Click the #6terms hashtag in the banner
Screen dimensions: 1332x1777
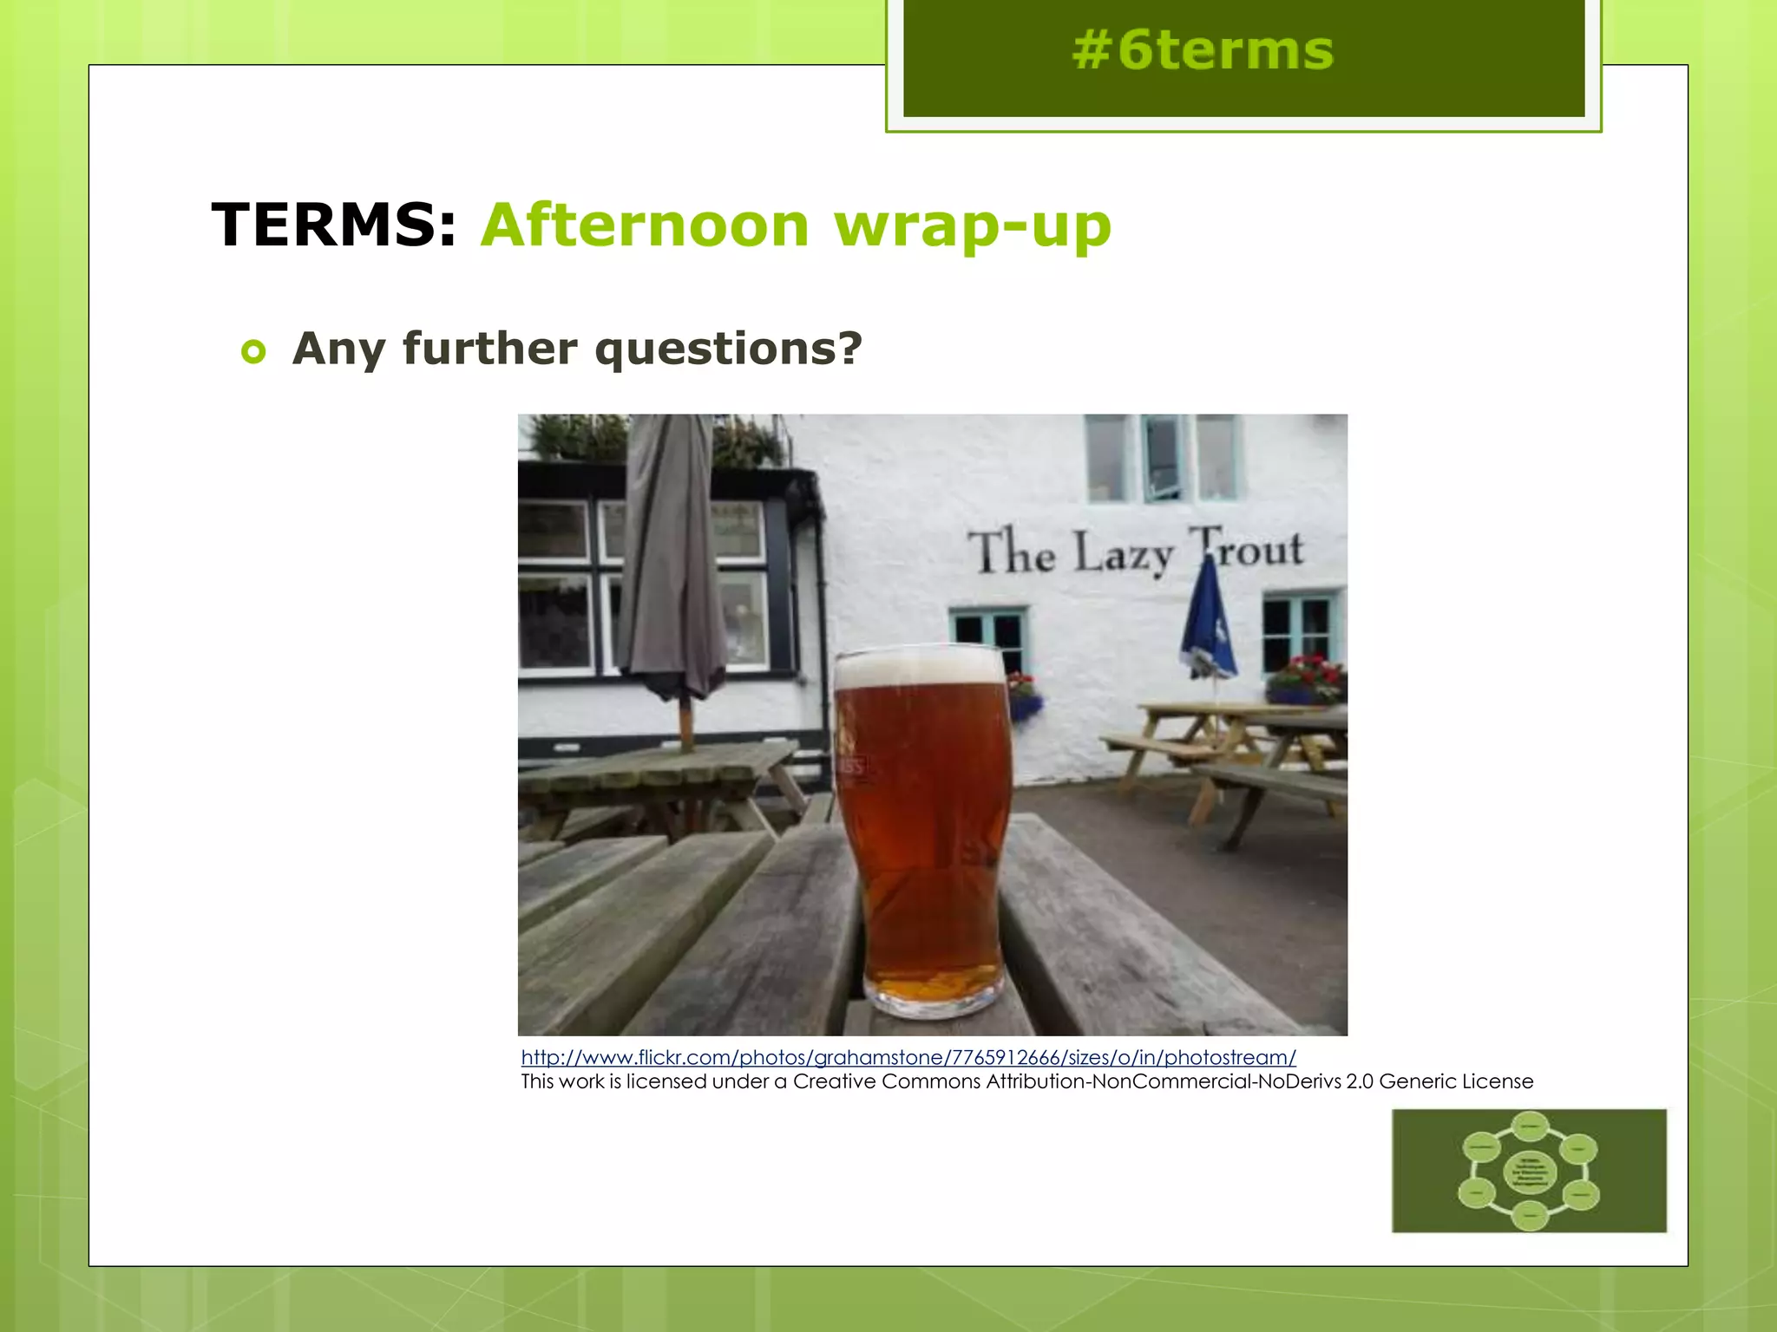[x=1203, y=50]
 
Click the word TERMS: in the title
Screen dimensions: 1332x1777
[x=334, y=225]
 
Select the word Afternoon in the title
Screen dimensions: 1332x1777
[x=646, y=225]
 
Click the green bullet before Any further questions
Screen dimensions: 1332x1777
[x=253, y=352]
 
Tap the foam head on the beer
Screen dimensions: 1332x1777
[x=920, y=668]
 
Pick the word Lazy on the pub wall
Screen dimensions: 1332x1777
[x=1124, y=553]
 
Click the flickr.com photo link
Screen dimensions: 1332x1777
[x=908, y=1057]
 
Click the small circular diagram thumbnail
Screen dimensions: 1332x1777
[x=1529, y=1170]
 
